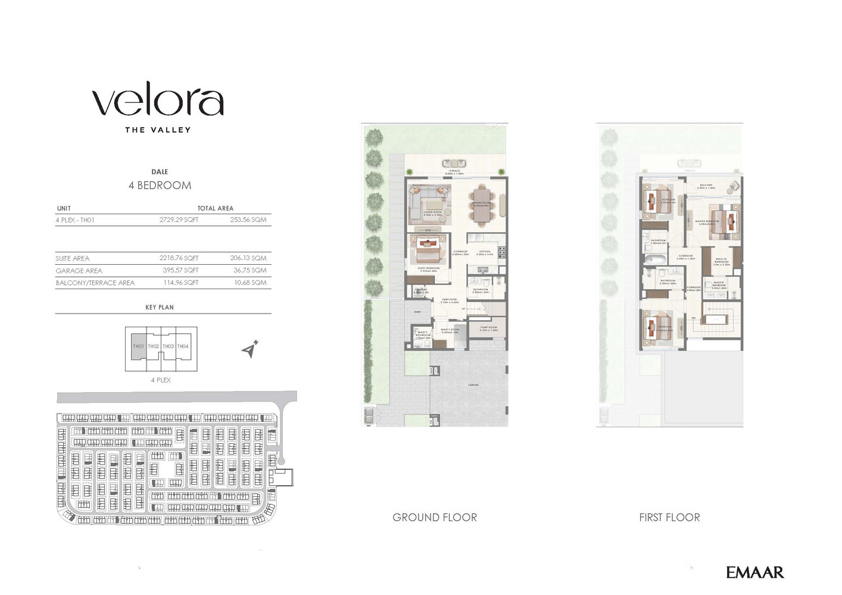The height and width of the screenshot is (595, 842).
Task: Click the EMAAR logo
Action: click(754, 572)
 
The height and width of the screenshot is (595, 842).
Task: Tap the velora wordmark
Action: click(158, 102)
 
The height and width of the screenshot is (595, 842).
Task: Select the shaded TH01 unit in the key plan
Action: click(138, 346)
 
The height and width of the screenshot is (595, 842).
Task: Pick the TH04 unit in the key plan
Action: click(183, 346)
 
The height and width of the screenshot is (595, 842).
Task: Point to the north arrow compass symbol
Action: click(251, 349)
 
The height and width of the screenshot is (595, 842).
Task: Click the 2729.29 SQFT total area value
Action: click(179, 220)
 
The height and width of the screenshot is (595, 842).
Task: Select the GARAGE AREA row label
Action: click(79, 271)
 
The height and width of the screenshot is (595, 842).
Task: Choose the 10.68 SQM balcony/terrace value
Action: click(250, 283)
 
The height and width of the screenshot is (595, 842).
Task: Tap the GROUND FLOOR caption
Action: click(435, 518)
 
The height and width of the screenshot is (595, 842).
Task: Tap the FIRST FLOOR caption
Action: click(669, 518)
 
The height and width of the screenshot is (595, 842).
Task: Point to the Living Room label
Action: click(432, 212)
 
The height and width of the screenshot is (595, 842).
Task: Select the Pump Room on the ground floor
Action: click(488, 328)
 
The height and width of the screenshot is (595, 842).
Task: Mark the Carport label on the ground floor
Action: click(473, 385)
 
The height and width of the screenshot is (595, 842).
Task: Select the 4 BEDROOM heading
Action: click(160, 185)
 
